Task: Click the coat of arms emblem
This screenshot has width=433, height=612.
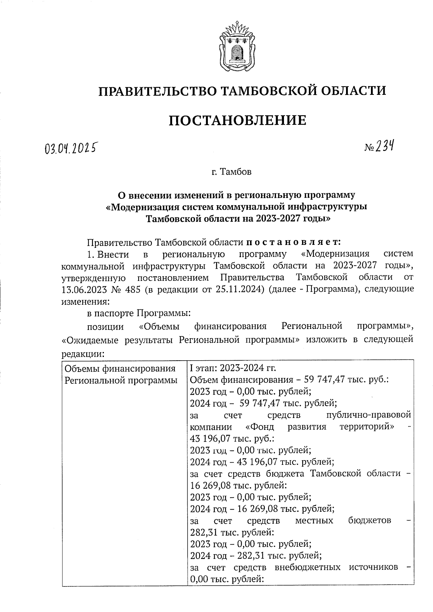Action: point(236,47)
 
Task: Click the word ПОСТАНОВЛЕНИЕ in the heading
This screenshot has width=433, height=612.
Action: point(237,120)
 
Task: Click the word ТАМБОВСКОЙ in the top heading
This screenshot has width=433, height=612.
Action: point(264,91)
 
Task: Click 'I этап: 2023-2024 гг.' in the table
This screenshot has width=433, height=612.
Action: point(233,369)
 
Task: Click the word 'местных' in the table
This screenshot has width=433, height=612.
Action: point(314,520)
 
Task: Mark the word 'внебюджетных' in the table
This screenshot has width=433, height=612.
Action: point(307,567)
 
